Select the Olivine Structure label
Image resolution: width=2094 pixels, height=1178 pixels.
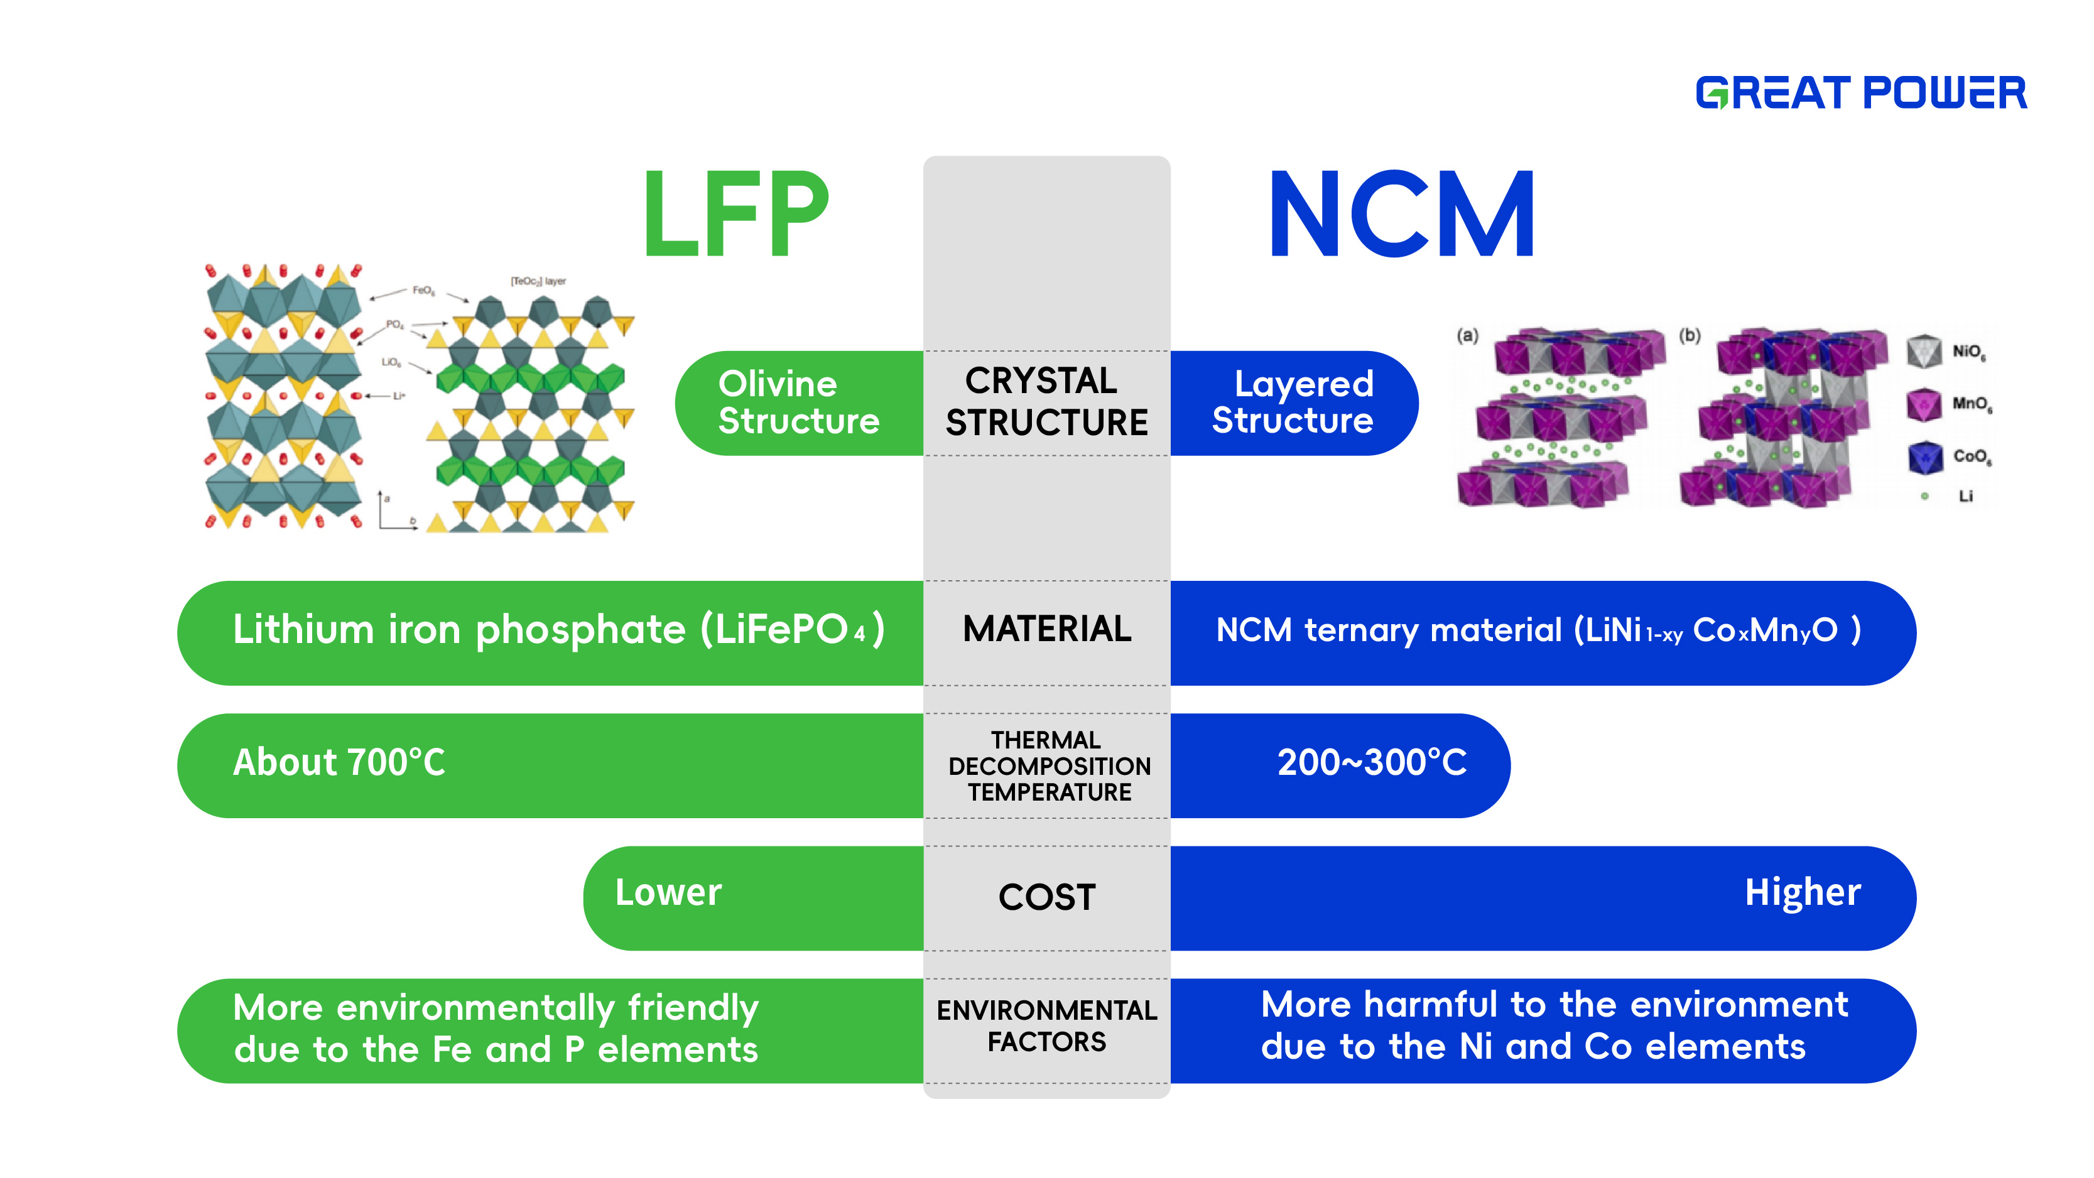[798, 403]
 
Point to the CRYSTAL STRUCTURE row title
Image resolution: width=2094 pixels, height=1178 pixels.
[1046, 403]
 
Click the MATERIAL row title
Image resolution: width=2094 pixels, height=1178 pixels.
[1046, 629]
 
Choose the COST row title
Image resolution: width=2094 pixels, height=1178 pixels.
[1046, 897]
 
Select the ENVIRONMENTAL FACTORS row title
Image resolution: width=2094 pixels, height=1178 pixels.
[1046, 1026]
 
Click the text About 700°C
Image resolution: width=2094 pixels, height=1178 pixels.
[339, 762]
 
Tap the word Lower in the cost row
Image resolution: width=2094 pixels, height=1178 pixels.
[668, 893]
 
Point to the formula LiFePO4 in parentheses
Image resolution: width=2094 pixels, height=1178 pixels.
[793, 630]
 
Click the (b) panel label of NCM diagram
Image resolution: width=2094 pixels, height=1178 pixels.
[1690, 335]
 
